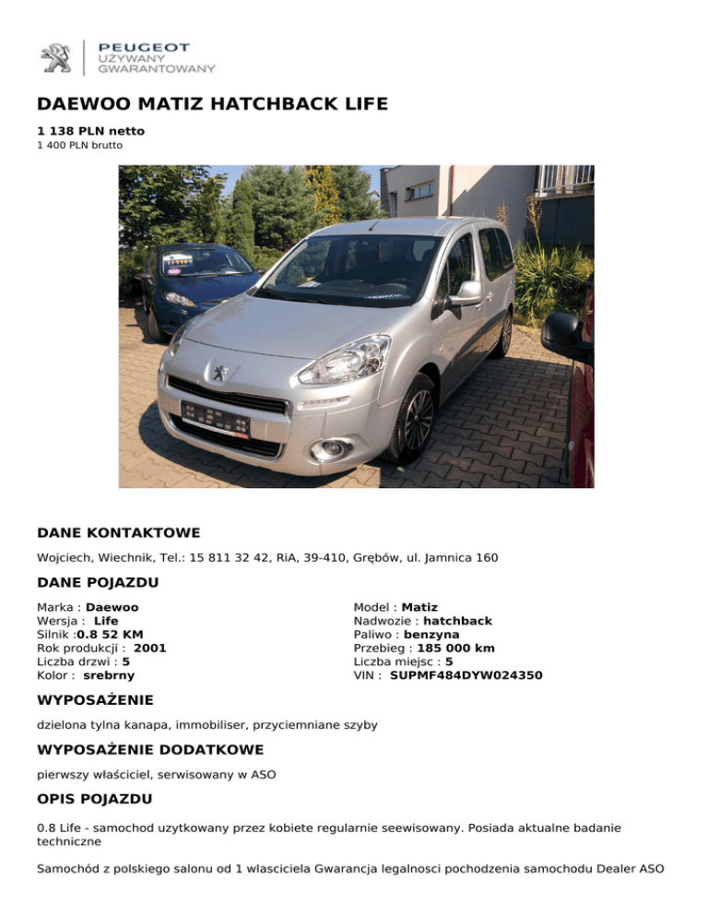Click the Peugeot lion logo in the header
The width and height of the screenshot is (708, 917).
55,57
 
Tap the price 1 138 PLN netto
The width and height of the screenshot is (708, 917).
90,131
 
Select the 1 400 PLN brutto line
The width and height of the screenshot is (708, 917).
79,145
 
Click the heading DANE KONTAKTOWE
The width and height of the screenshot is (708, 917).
118,533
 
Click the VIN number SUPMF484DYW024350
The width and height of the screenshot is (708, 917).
466,675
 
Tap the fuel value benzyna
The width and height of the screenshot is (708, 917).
431,635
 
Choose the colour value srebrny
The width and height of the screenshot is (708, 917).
109,675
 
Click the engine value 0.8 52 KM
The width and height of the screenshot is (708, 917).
110,635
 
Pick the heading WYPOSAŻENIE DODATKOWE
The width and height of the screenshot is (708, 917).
150,749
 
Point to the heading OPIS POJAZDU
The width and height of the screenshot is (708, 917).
95,798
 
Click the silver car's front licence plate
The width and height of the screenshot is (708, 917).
216,419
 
